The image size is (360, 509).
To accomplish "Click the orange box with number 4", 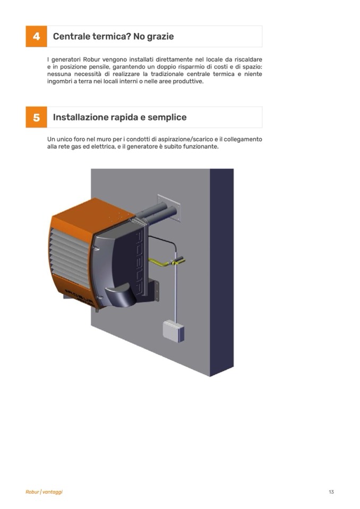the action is [x=36, y=36].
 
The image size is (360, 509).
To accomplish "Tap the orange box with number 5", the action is [x=36, y=117].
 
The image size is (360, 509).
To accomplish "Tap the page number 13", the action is [x=331, y=492].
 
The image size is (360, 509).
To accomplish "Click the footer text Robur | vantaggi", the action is [x=44, y=492].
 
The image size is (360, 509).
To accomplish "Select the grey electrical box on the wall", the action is [x=173, y=331].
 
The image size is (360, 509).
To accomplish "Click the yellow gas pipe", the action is [x=166, y=262].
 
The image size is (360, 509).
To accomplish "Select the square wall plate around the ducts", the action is [x=169, y=208].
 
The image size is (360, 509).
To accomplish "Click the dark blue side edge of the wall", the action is [x=222, y=272].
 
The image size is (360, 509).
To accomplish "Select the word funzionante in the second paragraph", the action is [x=201, y=146].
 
